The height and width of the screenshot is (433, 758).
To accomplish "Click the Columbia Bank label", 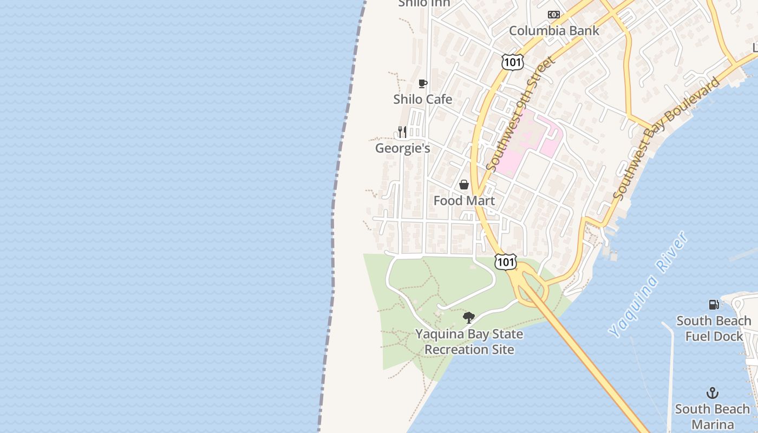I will point(554,31).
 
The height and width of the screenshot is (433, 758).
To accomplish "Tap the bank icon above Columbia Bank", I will point(553,15).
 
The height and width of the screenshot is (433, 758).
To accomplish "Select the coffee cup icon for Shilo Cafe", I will point(423,83).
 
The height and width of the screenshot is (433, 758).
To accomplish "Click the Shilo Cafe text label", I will point(423,99).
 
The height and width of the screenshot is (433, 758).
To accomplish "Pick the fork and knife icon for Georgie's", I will point(402,132).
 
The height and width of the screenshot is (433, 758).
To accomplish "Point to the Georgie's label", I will point(403,148).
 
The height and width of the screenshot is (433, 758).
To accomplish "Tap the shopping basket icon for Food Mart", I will point(464,185).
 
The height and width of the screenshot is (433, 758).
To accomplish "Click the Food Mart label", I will point(464,201).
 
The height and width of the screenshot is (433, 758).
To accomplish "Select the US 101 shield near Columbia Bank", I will point(512,62).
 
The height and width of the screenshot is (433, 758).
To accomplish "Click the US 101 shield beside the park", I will point(505,261).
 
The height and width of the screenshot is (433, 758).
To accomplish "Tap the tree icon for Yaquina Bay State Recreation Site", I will point(469,318).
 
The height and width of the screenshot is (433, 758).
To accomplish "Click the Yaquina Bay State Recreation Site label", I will point(469,342).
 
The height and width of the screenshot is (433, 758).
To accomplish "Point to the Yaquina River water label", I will point(647,284).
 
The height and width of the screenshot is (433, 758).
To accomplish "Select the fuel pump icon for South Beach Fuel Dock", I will point(714,305).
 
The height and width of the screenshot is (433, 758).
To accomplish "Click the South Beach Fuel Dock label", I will point(714,329).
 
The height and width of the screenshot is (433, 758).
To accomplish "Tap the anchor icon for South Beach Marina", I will point(713,393).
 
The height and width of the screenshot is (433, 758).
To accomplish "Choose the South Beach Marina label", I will point(713,416).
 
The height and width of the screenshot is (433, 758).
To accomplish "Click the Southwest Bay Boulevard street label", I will point(667,138).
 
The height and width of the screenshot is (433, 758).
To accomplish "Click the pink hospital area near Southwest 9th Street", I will point(520,146).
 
